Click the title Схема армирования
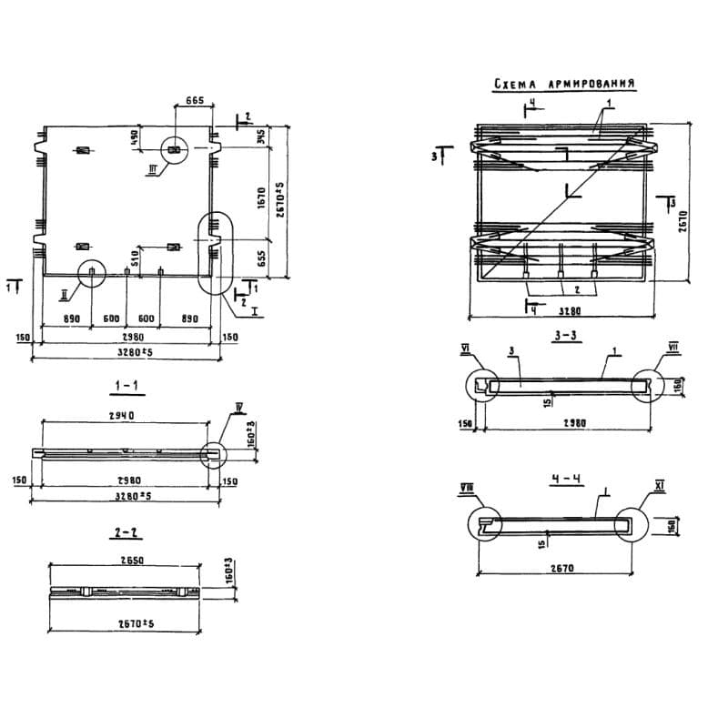(563, 85)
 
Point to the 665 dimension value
(193, 100)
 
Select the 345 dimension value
(261, 137)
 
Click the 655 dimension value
(262, 257)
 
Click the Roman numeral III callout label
(153, 169)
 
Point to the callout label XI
(659, 490)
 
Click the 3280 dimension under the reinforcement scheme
(561, 310)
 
